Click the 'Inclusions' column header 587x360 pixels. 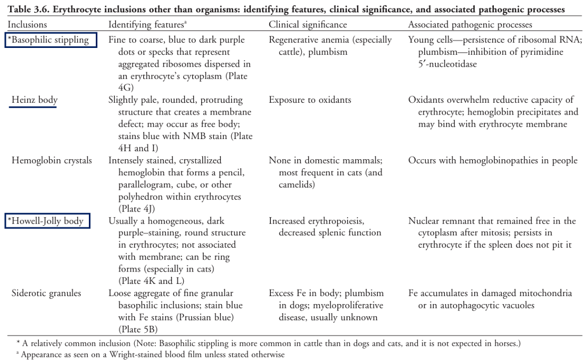[x=27, y=24]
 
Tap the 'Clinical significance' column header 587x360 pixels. [x=308, y=24]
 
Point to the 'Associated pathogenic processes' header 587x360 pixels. [x=470, y=24]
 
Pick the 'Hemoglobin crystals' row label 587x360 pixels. [x=52, y=160]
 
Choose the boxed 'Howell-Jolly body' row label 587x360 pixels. [x=47, y=220]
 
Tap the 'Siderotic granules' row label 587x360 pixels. [x=47, y=293]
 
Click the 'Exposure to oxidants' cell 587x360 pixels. [x=310, y=100]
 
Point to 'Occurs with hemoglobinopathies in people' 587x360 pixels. [x=492, y=160]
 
